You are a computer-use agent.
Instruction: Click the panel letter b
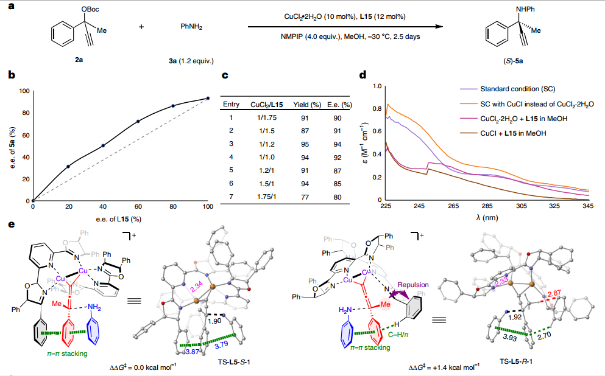11,76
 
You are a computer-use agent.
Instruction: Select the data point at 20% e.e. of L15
68,166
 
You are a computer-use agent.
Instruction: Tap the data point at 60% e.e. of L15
138,121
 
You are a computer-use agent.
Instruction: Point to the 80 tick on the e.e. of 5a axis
26,113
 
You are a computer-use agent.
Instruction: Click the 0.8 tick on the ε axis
377,109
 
